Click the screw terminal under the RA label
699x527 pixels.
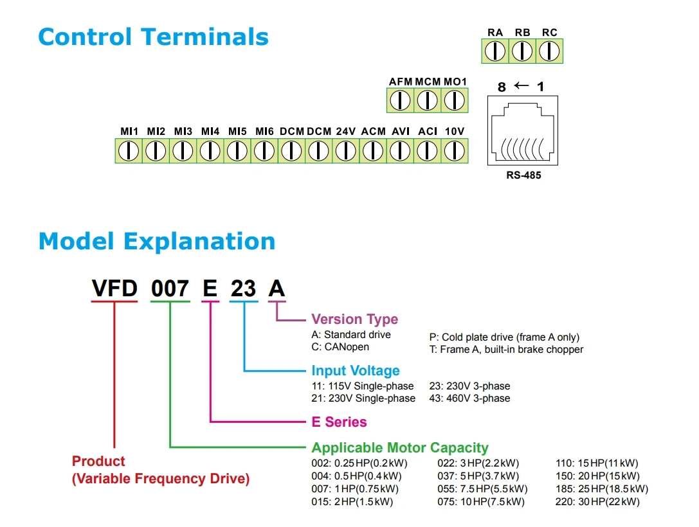click(x=495, y=51)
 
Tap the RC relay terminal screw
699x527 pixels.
click(x=549, y=51)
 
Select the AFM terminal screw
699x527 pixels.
click(x=400, y=100)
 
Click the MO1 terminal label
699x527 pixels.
click(x=455, y=82)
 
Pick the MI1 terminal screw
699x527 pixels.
click(x=129, y=150)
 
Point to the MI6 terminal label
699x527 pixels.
click(x=264, y=131)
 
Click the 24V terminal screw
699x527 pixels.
click(x=345, y=150)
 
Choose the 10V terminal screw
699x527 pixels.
click(x=454, y=150)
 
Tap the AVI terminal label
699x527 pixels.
click(x=401, y=131)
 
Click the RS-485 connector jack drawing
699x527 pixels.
click(x=522, y=130)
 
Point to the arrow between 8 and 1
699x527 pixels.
click(x=521, y=85)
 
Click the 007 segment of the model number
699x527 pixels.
click(x=170, y=288)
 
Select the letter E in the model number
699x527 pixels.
click(x=210, y=288)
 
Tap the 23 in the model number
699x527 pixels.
click(x=244, y=288)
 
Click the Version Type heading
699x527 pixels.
click(x=355, y=319)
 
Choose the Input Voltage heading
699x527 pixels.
click(x=356, y=370)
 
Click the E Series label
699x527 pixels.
click(x=340, y=422)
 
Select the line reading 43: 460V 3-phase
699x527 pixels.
click(x=469, y=398)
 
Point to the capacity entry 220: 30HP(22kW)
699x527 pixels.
click(x=597, y=501)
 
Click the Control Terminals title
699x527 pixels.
click(x=153, y=37)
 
